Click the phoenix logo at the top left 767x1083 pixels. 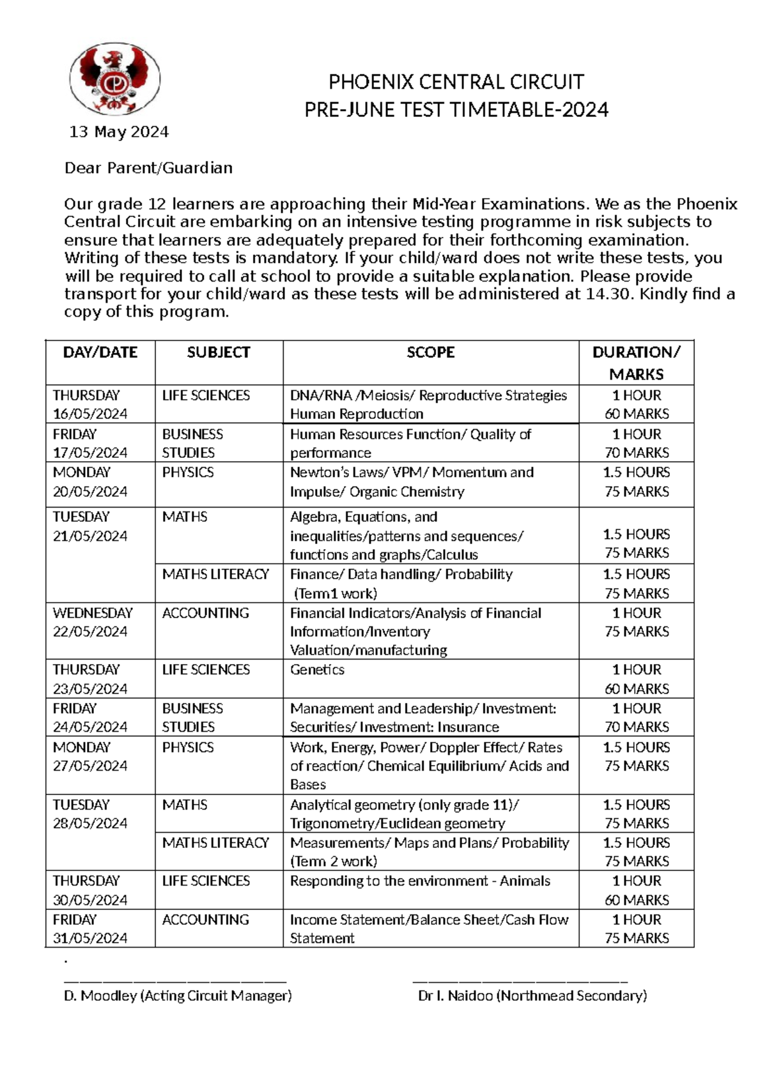[x=115, y=79]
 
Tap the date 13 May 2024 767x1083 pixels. [x=119, y=132]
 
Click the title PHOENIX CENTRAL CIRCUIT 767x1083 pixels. [x=456, y=82]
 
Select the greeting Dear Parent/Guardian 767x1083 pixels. [x=148, y=168]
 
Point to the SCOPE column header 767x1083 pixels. [x=430, y=352]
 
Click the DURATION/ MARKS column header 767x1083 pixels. [x=636, y=363]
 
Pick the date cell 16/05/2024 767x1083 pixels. [x=90, y=414]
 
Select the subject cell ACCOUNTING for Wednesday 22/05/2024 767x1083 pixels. [x=205, y=613]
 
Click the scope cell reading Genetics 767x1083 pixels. [x=317, y=670]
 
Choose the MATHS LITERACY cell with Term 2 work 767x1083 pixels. [x=215, y=843]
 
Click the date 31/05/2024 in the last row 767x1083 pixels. [x=90, y=938]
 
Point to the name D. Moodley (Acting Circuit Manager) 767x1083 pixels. [x=178, y=996]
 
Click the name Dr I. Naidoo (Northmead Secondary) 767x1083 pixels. [x=532, y=996]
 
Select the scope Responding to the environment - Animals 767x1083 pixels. [x=420, y=881]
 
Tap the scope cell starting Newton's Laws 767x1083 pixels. [x=411, y=482]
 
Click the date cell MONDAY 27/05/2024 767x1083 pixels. [x=90, y=757]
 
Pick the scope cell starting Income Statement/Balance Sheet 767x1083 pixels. [x=429, y=928]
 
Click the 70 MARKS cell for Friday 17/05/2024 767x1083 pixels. [x=637, y=453]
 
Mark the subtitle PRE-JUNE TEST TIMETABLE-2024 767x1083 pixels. [x=456, y=110]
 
